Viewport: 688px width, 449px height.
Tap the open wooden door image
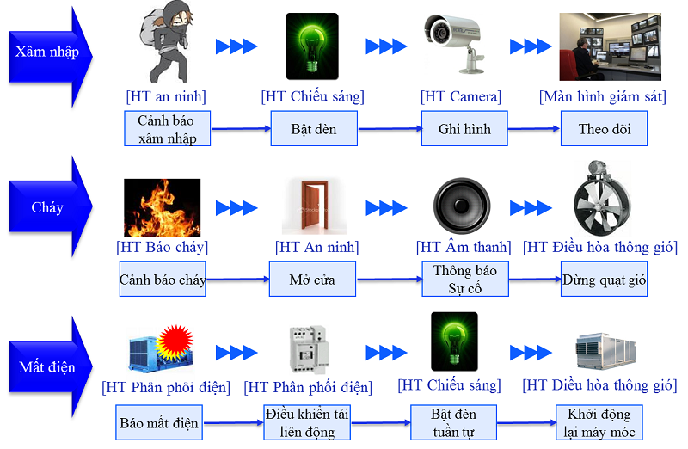click(315, 206)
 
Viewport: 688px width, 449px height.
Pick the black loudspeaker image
click(464, 206)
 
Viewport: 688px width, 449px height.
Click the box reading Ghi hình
click(464, 129)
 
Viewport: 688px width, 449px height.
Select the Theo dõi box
click(604, 129)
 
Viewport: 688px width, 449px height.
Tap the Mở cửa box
click(311, 280)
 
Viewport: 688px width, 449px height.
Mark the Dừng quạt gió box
click(604, 280)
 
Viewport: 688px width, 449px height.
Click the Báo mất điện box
click(159, 422)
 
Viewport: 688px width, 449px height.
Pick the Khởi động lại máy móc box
click(599, 422)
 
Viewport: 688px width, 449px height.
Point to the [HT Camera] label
click(461, 96)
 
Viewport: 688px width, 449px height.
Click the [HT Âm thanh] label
click(464, 248)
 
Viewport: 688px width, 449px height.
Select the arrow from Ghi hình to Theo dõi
click(533, 130)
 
